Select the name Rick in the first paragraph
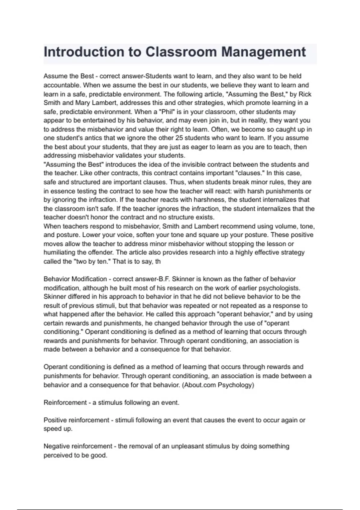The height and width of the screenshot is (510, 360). [x=305, y=94]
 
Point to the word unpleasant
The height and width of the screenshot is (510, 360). [x=187, y=446]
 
